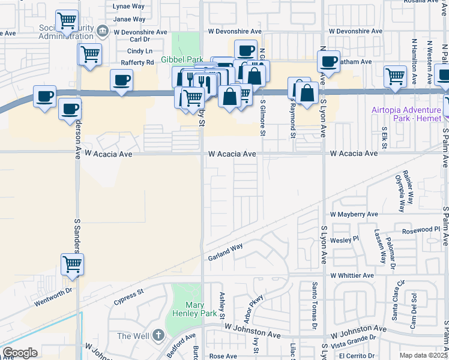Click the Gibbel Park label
point(181,59)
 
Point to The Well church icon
point(157,335)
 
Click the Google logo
point(20,353)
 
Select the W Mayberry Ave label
point(354,214)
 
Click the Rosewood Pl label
point(421,229)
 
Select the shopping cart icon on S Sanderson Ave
point(72,263)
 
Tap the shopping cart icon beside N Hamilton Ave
point(395,76)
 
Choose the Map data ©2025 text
point(423,355)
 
